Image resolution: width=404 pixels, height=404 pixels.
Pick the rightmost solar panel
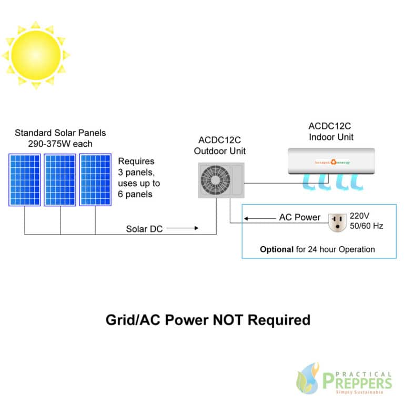(95, 179)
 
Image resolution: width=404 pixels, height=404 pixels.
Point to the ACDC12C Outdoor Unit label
(221, 145)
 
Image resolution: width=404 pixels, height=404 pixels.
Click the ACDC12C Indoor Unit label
(330, 132)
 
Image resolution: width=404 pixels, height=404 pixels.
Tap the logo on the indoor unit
(332, 162)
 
